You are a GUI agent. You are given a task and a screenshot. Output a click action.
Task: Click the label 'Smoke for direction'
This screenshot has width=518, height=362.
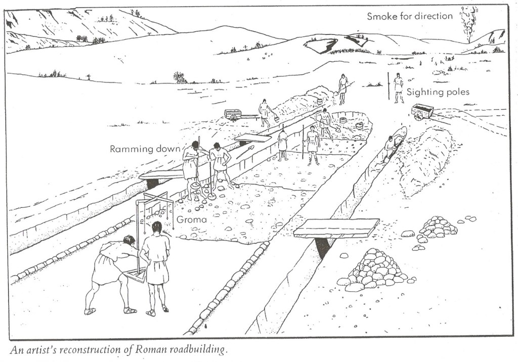coord(410,16)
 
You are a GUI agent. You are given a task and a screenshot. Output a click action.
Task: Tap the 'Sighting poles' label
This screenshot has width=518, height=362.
coord(438,92)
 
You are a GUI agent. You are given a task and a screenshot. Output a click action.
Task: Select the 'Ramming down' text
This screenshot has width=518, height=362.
coord(145,149)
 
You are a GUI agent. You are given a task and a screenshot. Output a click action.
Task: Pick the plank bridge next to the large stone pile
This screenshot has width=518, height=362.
coord(336,228)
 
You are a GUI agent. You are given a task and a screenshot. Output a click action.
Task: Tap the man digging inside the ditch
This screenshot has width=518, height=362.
coord(390,148)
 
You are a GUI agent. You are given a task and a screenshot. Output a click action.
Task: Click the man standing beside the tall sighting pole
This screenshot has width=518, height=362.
coord(399,87)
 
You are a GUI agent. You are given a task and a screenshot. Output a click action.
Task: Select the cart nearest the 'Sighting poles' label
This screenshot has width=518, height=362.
coord(422,111)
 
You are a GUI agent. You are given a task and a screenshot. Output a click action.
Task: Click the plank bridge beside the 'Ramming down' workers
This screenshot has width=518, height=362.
coord(161,174)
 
